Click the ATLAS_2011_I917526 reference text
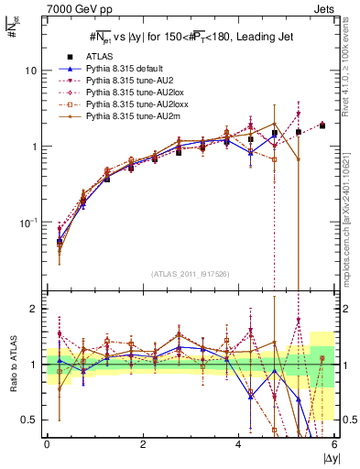point(189,273)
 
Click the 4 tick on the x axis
point(239,444)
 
